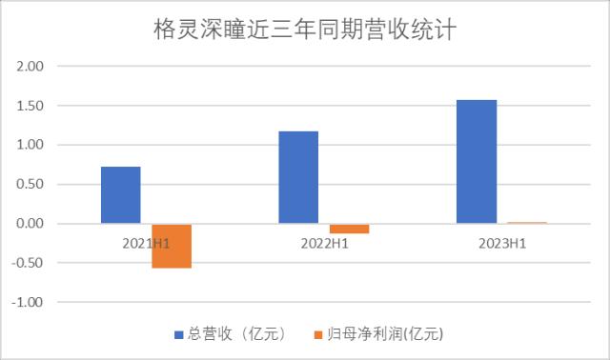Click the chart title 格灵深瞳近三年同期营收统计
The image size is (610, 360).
click(305, 30)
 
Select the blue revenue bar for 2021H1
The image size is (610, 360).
click(121, 195)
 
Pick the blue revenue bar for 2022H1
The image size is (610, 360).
click(298, 177)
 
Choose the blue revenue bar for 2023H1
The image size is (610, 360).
click(476, 162)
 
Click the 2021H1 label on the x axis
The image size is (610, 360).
click(146, 244)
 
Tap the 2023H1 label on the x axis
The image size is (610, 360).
click(503, 244)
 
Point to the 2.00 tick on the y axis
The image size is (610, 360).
click(31, 67)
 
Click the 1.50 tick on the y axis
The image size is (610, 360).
click(31, 106)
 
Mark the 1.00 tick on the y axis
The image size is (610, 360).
click(31, 145)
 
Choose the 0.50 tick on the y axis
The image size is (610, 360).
click(31, 184)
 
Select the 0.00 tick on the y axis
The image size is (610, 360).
click(31, 224)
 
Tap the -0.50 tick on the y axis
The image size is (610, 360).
click(30, 263)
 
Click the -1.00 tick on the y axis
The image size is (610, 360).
click(30, 302)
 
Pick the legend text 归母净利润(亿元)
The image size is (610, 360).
click(378, 334)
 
